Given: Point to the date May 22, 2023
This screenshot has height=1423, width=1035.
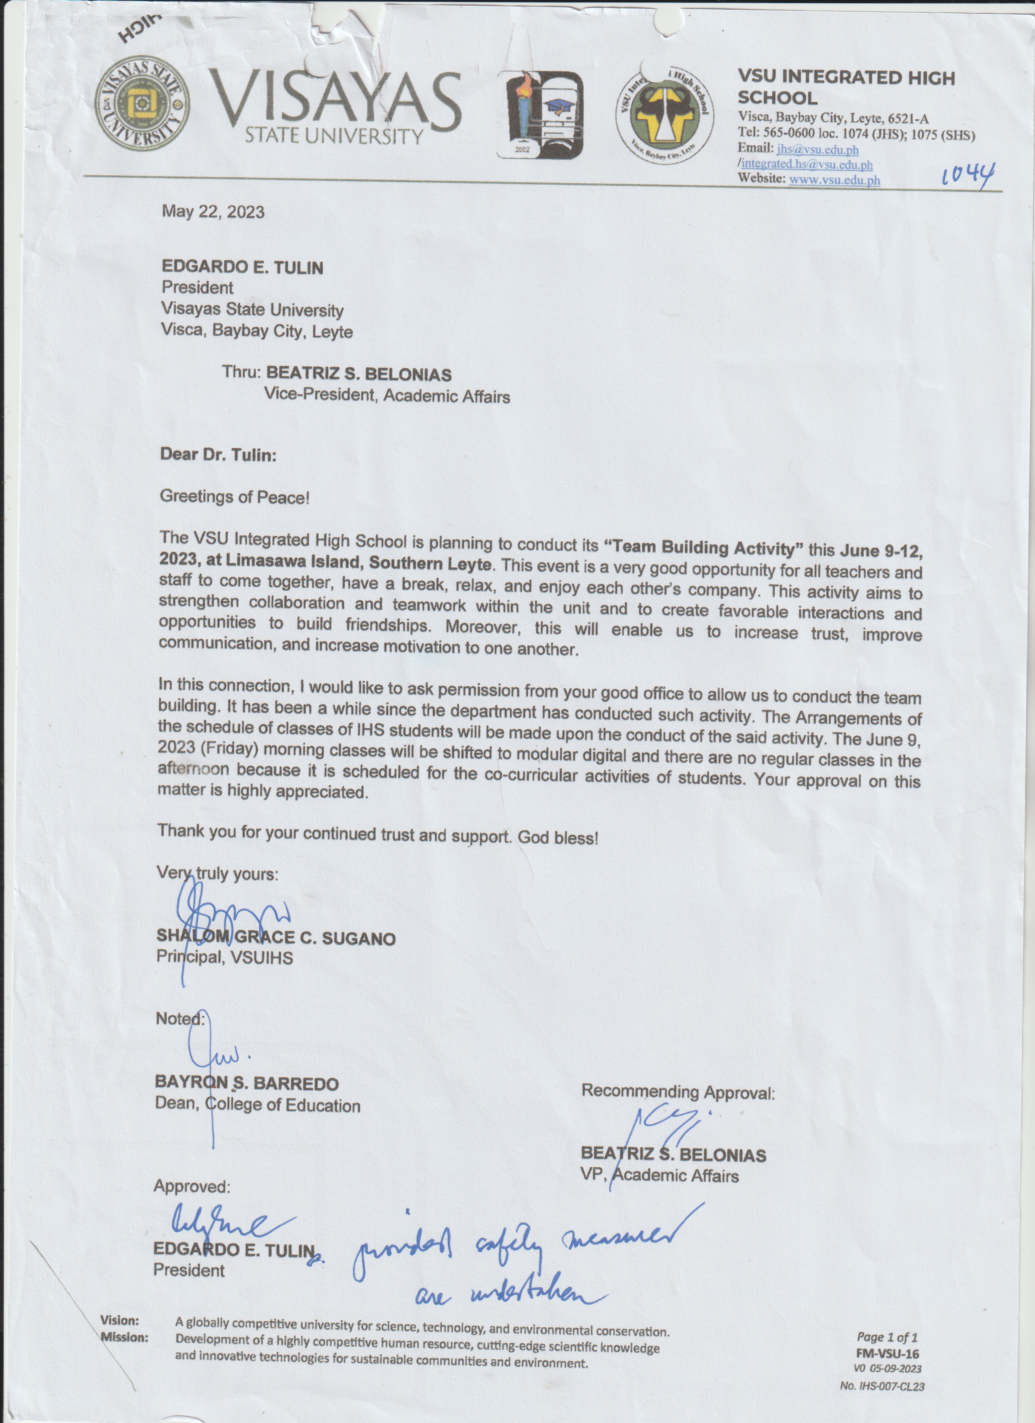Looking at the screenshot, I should [213, 211].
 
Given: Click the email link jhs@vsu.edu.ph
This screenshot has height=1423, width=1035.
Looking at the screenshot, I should [817, 150].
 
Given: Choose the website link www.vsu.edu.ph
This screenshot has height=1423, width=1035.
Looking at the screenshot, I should [834, 180].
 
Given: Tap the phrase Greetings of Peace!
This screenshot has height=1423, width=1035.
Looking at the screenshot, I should [235, 497].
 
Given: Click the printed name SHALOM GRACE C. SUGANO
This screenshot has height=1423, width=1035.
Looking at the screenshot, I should [276, 938].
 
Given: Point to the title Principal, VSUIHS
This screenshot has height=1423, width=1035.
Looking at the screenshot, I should [224, 958].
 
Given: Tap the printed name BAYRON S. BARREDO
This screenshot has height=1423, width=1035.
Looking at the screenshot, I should [246, 1084].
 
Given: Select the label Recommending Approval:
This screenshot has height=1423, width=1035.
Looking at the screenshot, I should [678, 1092].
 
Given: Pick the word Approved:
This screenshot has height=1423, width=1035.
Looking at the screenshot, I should [192, 1186].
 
